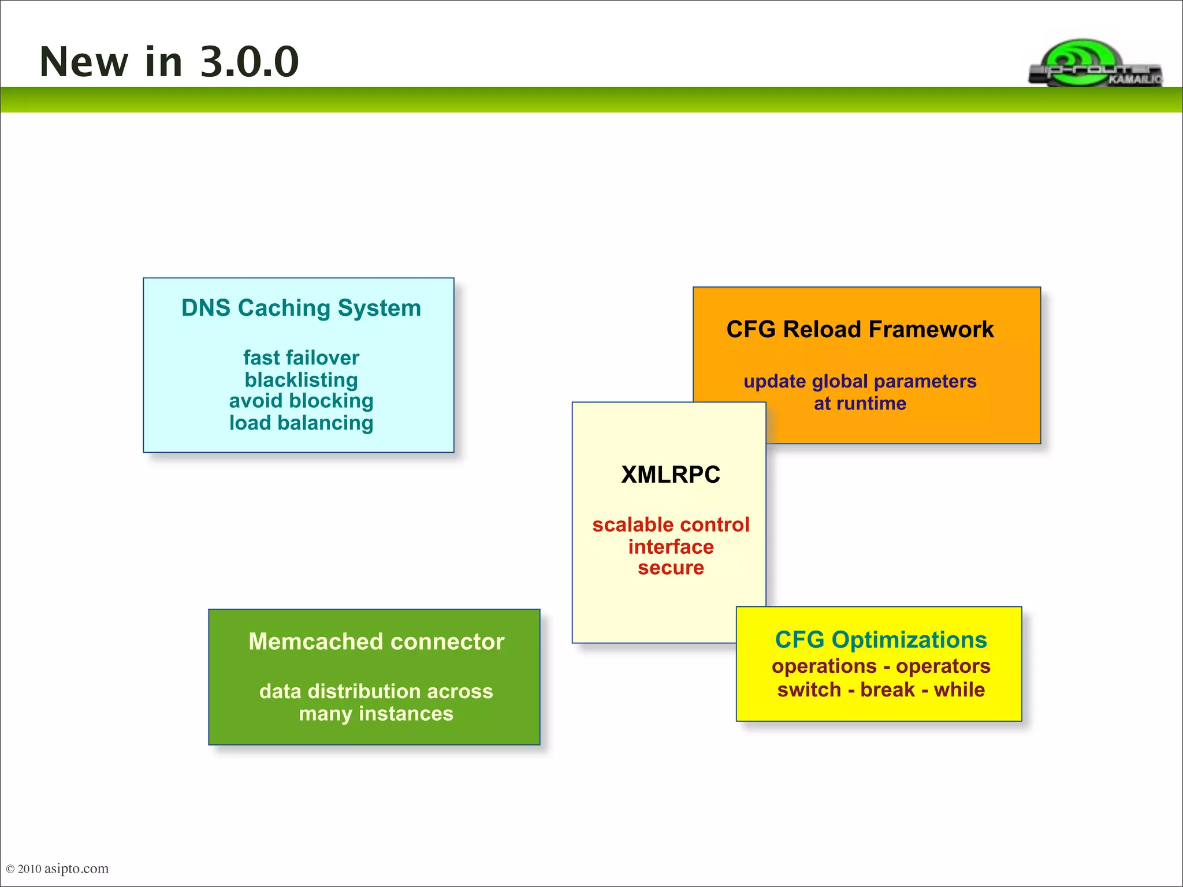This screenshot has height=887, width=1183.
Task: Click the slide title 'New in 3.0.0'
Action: [x=169, y=62]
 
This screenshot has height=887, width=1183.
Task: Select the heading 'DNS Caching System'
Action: [x=301, y=308]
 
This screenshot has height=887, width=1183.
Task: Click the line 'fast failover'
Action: [x=301, y=357]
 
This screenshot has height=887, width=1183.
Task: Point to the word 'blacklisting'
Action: [x=301, y=379]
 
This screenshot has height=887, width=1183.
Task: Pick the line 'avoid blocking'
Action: [x=301, y=401]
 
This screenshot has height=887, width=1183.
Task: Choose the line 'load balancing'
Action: [x=301, y=423]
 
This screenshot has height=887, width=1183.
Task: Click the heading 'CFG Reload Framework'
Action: [x=860, y=329]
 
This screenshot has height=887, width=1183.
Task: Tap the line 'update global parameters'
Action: [x=860, y=381]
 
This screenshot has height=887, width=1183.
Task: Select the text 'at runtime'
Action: [x=860, y=403]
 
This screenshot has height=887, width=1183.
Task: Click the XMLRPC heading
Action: [x=670, y=475]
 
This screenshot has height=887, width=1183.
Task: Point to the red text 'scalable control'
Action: [x=670, y=524]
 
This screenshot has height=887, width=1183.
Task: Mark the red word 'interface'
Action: [x=670, y=546]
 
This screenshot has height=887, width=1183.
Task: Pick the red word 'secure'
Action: [x=670, y=568]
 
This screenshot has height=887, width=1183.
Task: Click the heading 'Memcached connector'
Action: [x=376, y=642]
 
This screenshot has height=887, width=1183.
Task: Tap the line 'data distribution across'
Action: [x=376, y=691]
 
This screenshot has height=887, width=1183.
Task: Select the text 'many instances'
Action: [x=376, y=714]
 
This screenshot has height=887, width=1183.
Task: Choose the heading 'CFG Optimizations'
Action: [x=880, y=640]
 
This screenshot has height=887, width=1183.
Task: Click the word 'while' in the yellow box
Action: [x=959, y=690]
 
